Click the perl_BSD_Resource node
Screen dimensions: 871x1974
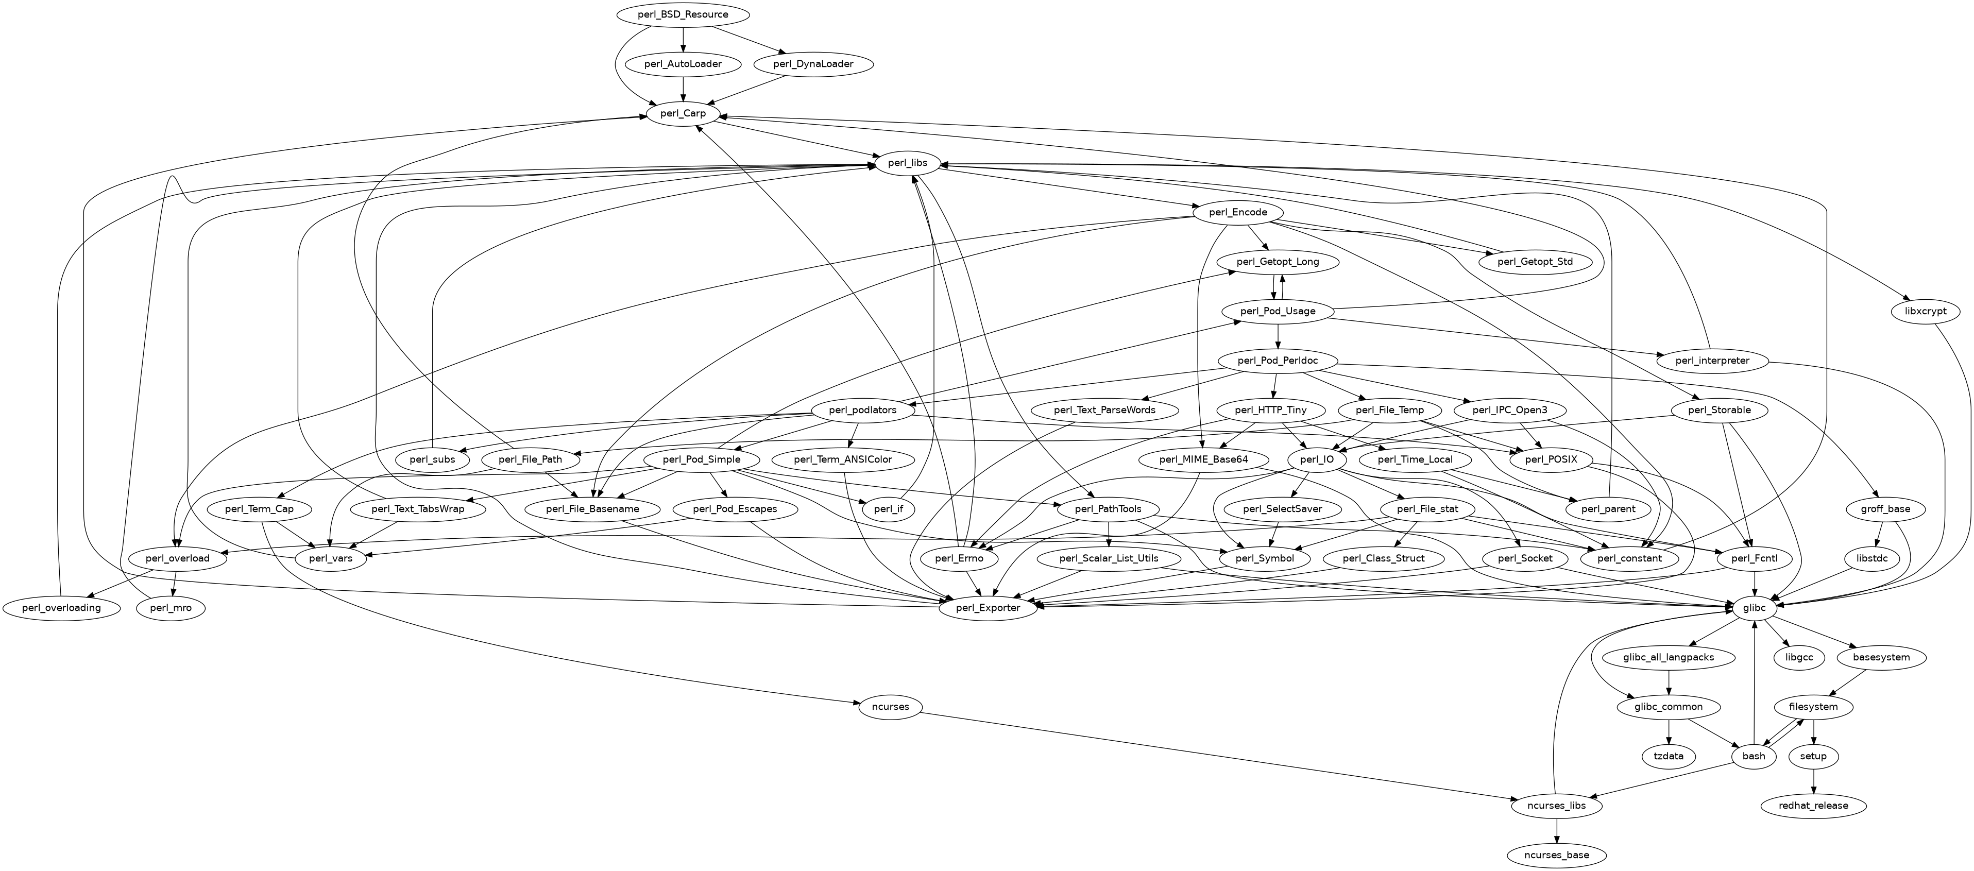[x=683, y=14]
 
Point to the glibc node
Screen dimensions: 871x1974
[x=1754, y=607]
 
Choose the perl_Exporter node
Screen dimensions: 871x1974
[x=989, y=607]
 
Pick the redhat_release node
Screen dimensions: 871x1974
[x=1813, y=805]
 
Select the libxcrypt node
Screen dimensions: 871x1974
[x=1924, y=312]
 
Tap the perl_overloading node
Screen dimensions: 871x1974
[x=62, y=607]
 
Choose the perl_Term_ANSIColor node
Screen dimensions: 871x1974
[x=843, y=459]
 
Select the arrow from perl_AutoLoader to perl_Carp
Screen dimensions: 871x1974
[x=683, y=88]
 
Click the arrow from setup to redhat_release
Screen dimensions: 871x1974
[x=1813, y=781]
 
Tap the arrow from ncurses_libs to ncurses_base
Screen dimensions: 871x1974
[x=1556, y=830]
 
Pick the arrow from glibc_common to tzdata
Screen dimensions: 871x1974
[x=1668, y=731]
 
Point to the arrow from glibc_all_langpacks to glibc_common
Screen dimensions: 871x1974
[x=1668, y=682]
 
